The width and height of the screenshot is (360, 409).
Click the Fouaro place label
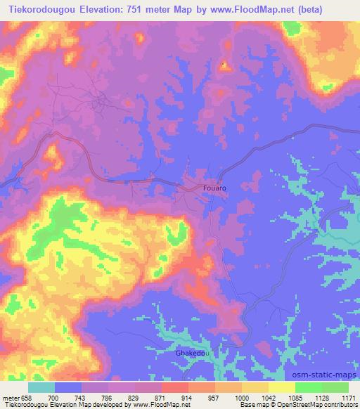[x=214, y=188]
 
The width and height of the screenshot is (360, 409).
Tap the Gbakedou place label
[x=190, y=354]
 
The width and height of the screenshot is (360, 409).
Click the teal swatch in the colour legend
[x=41, y=387]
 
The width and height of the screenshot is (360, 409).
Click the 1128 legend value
[x=319, y=398]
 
